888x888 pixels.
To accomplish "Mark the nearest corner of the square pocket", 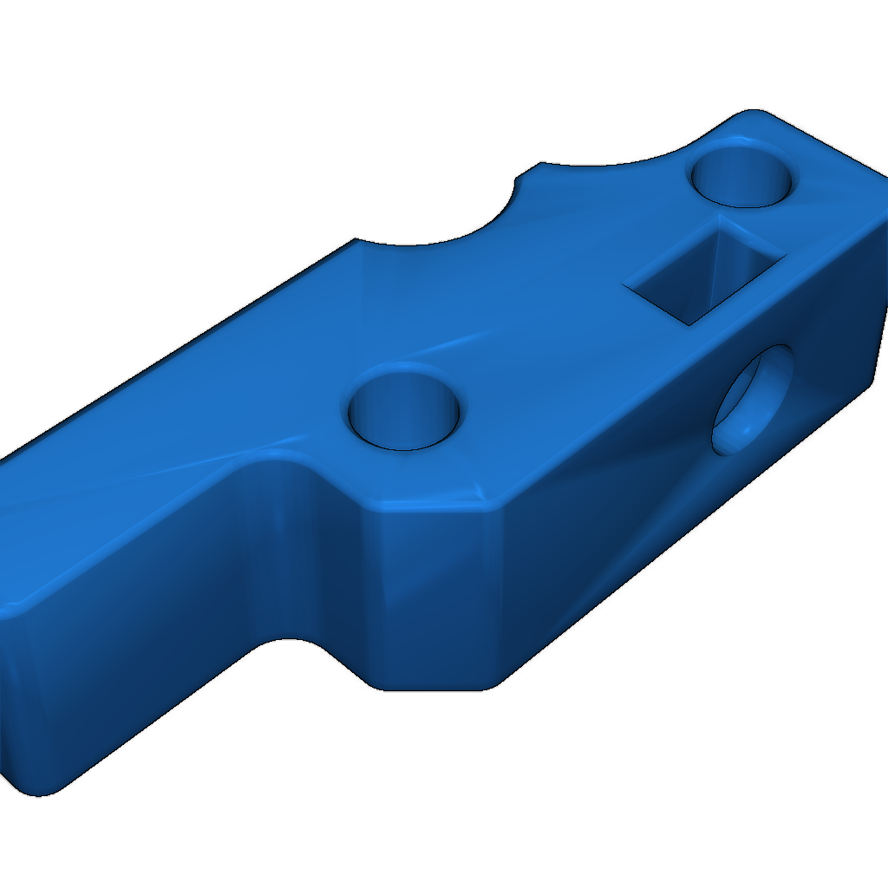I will tap(689, 323).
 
